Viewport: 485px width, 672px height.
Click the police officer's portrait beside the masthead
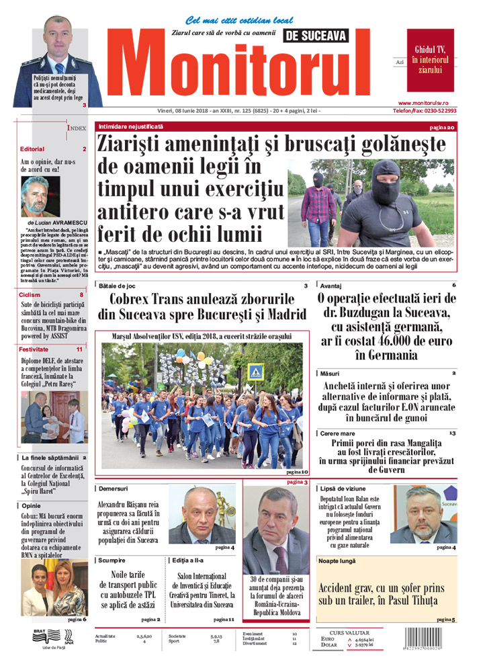[57, 60]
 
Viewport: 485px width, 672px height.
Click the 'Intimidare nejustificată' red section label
[130, 126]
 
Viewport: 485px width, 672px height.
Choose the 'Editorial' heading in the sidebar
[32, 149]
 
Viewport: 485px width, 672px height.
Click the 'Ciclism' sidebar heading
[31, 294]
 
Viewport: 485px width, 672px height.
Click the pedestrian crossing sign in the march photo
[255, 371]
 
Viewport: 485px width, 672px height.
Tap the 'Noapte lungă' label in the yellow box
[338, 560]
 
